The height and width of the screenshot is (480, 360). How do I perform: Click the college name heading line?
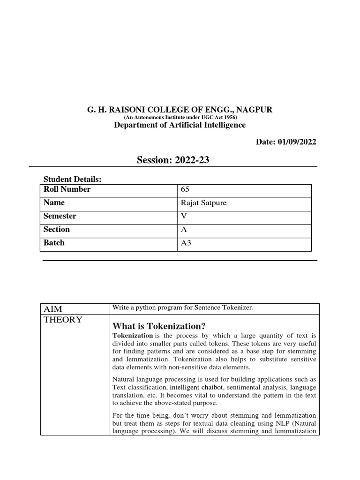click(180, 110)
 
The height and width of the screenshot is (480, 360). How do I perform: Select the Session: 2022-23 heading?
click(173, 160)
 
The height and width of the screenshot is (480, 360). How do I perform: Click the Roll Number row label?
click(67, 189)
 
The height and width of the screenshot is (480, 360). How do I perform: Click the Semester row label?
click(60, 216)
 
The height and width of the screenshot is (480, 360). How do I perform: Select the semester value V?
click(183, 217)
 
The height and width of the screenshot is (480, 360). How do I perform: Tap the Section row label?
click(57, 229)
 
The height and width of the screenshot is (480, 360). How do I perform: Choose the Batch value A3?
click(185, 243)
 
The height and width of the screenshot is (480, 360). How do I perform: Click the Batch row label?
click(54, 243)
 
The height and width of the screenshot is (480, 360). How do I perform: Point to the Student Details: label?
click(72, 180)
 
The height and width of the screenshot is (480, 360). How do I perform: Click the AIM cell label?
click(53, 308)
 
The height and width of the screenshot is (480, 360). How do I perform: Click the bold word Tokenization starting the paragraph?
click(133, 336)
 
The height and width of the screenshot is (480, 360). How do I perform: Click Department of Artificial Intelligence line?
click(180, 125)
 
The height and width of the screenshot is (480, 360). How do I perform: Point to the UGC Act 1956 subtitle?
click(180, 117)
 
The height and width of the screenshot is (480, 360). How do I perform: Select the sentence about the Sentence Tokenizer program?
click(183, 307)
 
